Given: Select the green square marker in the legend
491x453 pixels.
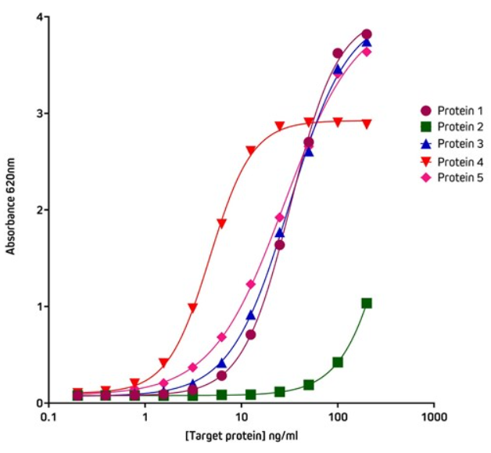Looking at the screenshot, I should pyautogui.click(x=426, y=127).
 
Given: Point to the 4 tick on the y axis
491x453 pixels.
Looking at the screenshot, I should pyautogui.click(x=45, y=17).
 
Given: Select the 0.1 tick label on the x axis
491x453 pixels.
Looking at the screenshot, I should pyautogui.click(x=49, y=418).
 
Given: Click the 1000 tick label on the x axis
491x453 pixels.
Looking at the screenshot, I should pyautogui.click(x=434, y=418).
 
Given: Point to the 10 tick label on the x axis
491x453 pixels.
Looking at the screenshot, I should pyautogui.click(x=242, y=418).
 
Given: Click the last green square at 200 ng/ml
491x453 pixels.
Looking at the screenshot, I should pyautogui.click(x=367, y=303).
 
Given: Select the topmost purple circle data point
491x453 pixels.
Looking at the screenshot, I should pyautogui.click(x=367, y=34).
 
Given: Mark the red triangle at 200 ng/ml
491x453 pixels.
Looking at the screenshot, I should pyautogui.click(x=367, y=124).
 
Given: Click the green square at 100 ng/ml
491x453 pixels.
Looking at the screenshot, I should pyautogui.click(x=338, y=362).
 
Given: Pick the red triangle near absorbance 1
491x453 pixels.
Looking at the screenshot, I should pyautogui.click(x=192, y=307).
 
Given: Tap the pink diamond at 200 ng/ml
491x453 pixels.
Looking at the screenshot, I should pyautogui.click(x=367, y=52).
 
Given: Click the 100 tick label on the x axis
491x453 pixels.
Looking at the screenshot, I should pyautogui.click(x=338, y=418).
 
